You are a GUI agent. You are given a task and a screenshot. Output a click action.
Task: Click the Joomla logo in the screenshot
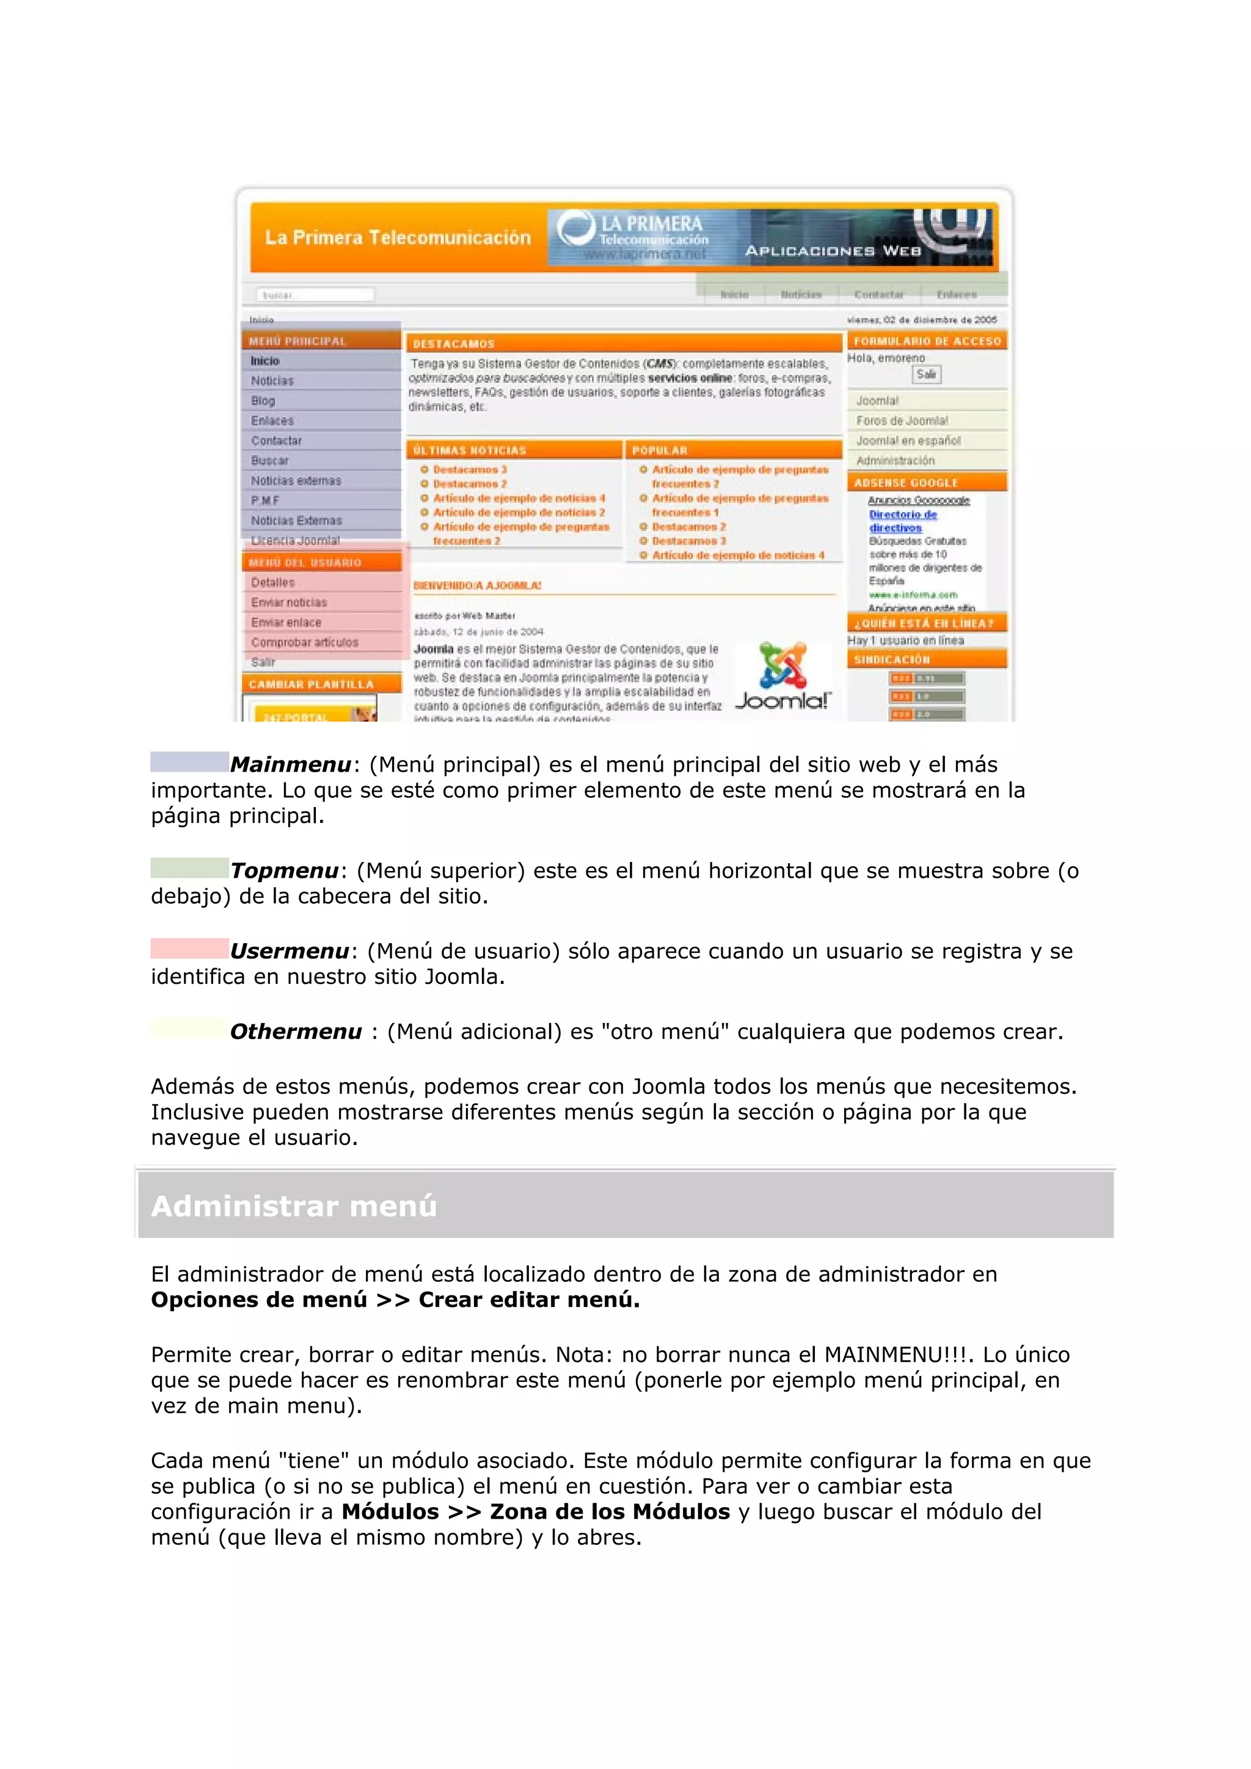tap(782, 676)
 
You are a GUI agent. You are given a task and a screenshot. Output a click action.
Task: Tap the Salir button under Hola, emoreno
tap(925, 374)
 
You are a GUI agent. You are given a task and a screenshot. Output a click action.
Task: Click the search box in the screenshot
tap(315, 294)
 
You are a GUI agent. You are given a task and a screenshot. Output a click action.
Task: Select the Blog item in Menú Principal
tap(263, 400)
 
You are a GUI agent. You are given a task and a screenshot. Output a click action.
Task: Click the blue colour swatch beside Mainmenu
tap(189, 761)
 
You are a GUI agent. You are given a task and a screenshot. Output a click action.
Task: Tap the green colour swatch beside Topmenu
tap(189, 867)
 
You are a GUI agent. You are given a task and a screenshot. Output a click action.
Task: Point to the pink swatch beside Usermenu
tap(189, 947)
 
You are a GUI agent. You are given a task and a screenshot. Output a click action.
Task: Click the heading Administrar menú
tap(294, 1206)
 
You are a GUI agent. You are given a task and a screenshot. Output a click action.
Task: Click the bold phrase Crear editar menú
tap(529, 1300)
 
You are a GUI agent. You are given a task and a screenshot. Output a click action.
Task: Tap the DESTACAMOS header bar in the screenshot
tap(624, 343)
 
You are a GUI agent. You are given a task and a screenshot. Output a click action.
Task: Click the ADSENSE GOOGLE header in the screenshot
tap(906, 482)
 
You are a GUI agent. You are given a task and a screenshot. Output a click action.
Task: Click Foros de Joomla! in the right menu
tap(902, 421)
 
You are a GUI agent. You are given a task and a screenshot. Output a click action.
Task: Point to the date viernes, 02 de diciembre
tap(921, 319)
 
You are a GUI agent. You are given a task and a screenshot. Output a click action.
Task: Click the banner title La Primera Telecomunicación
tap(398, 237)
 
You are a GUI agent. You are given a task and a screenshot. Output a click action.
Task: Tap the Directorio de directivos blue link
tap(903, 521)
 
